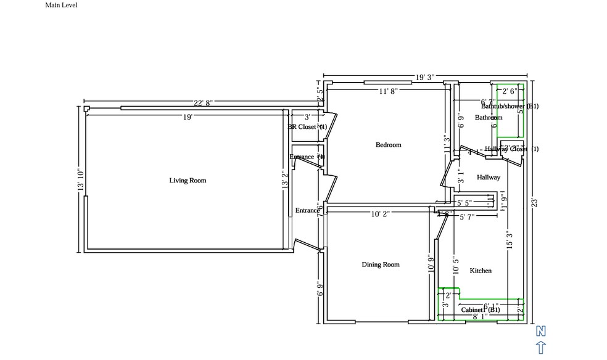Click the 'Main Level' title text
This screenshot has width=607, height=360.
click(61, 5)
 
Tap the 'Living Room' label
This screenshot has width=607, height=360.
click(188, 181)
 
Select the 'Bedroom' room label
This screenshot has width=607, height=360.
click(388, 145)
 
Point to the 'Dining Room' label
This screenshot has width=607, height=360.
click(380, 264)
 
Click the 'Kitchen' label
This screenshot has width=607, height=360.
click(481, 271)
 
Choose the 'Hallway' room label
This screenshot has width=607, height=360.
click(488, 178)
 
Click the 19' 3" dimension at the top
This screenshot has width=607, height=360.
click(424, 77)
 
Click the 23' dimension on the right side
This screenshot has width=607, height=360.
click(535, 202)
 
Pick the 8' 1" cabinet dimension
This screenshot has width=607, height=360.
click(480, 316)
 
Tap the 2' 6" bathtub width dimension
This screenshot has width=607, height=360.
click(510, 91)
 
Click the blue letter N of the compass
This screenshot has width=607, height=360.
click(540, 331)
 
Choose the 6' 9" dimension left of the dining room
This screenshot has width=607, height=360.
click(319, 288)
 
